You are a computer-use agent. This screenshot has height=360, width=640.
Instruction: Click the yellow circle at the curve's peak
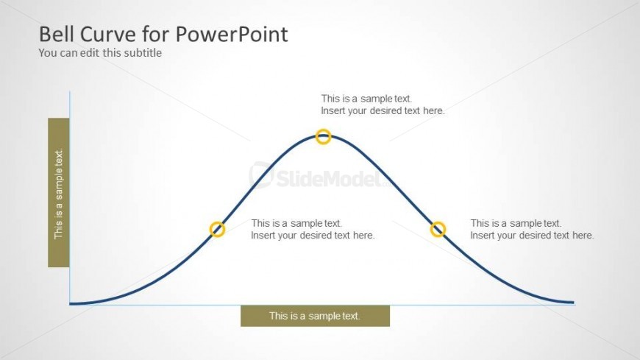pos(323,130)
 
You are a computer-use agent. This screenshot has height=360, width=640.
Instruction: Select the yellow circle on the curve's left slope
pos(217,223)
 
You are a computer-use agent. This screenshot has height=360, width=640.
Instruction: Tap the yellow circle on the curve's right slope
pos(438,223)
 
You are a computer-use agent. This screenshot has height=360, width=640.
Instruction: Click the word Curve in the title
pos(107,34)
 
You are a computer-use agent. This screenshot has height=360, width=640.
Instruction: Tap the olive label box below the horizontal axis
pos(315,316)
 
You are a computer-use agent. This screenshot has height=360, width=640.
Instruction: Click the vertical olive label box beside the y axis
pos(59,192)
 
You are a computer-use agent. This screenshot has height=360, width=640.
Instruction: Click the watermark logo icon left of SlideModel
pos(260,174)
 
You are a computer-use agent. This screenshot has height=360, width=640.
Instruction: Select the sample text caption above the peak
pos(383,105)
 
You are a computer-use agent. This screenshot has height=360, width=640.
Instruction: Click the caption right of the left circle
pos(313,229)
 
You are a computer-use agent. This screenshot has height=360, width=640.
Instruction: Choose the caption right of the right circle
pos(532,229)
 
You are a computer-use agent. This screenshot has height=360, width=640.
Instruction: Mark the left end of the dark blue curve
pos(70,303)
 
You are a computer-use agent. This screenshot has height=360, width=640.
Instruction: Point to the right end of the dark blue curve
pos(574,303)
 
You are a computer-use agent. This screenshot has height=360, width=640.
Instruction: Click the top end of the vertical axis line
pos(70,91)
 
